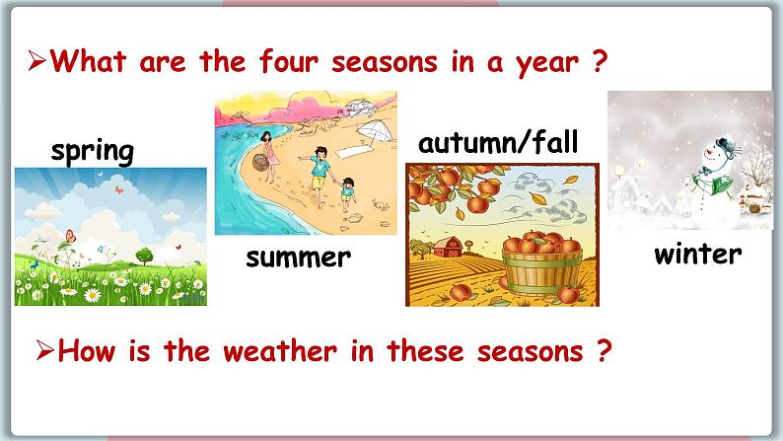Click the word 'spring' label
92,151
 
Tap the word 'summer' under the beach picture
298,257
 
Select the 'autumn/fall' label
496,142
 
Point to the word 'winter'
697,254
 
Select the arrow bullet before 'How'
42,350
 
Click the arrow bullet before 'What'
37,64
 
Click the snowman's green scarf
713,180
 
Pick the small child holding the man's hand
347,193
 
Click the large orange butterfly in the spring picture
70,237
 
